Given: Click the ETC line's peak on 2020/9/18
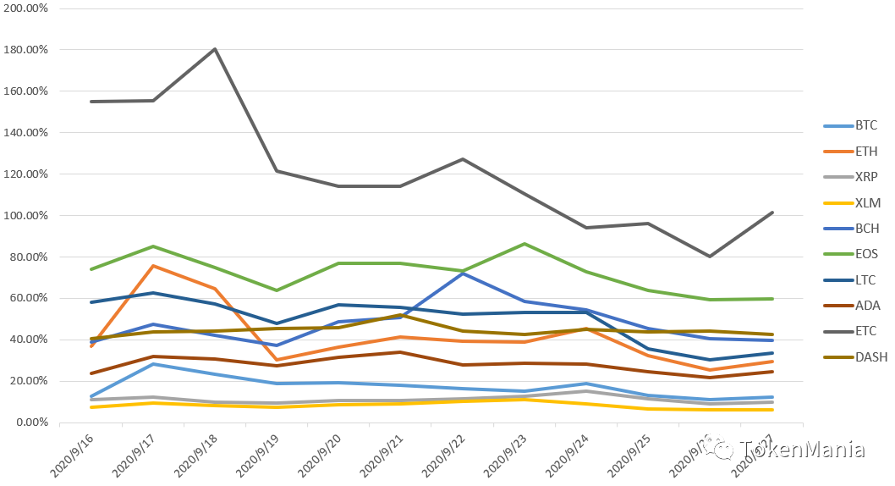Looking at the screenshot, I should coord(215,49).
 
